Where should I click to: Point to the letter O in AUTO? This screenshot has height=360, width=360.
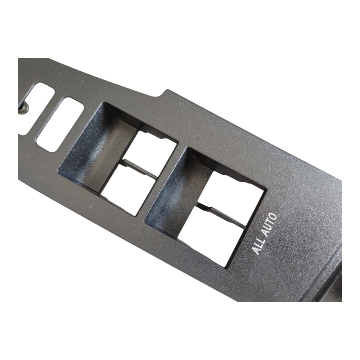tap(274, 216)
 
